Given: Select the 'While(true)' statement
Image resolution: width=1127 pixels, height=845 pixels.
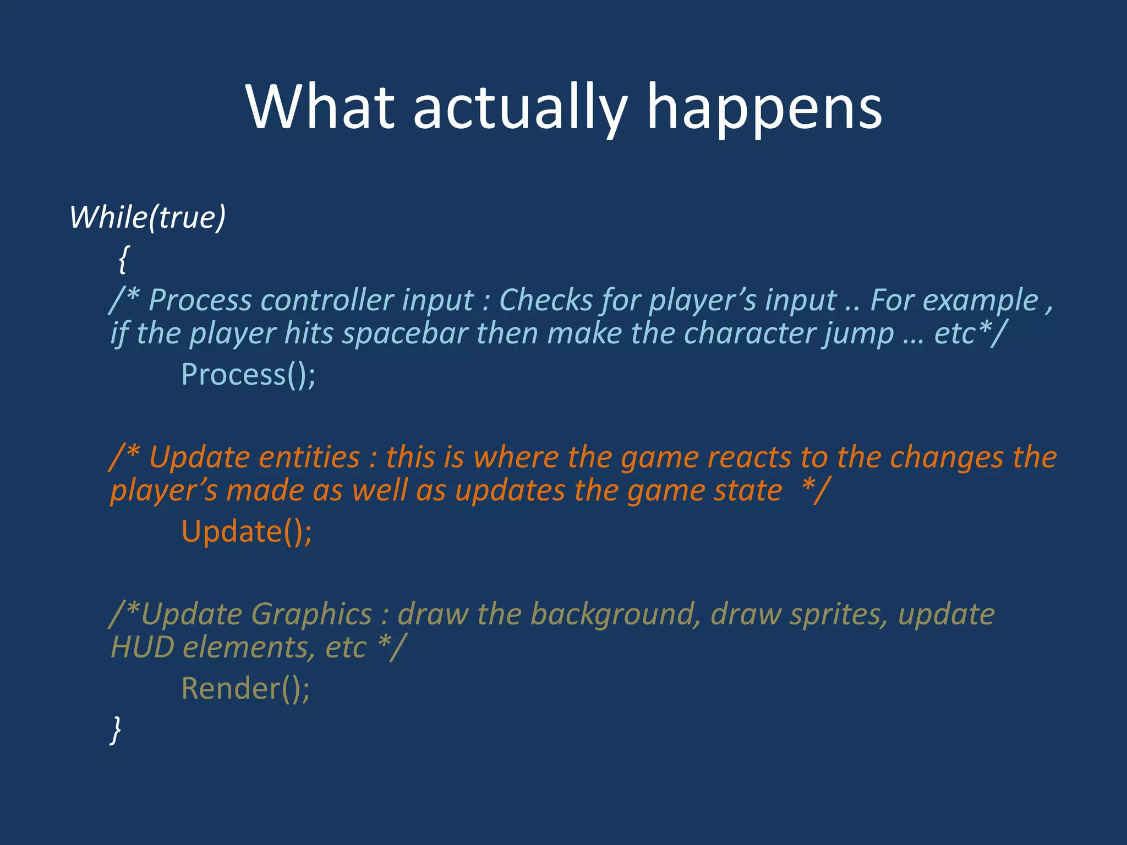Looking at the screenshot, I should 147,217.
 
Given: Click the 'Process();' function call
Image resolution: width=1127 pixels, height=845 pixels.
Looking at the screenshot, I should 248,375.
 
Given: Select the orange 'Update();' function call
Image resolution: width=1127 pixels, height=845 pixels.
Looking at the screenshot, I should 247,532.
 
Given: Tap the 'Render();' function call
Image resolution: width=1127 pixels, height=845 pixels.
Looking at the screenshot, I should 245,689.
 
